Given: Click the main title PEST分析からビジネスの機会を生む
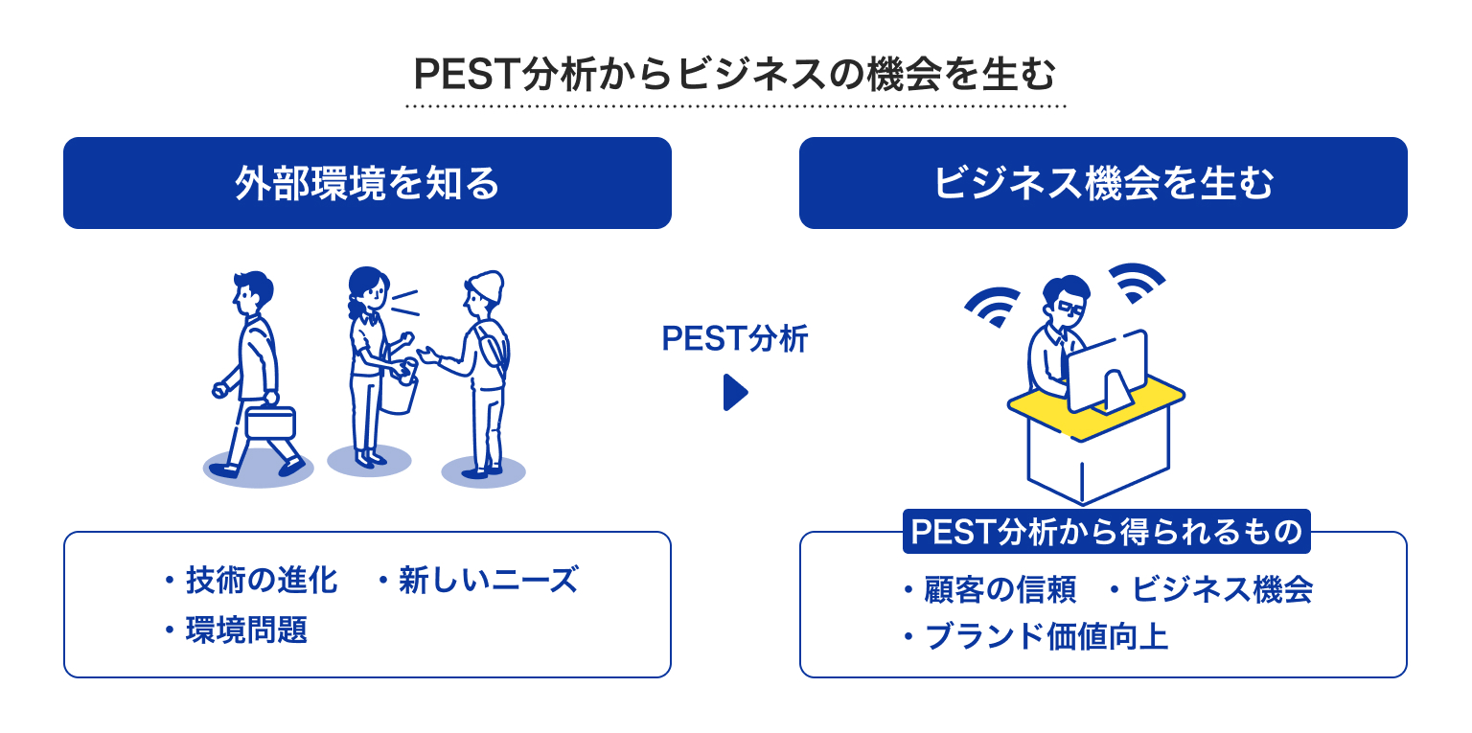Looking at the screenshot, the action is tap(734, 74).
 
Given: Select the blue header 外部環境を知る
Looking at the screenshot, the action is tap(367, 183).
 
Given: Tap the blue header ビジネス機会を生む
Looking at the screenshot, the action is tap(1103, 183).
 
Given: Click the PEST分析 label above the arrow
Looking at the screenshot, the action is tap(735, 339).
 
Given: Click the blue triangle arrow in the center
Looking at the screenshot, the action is tap(735, 393).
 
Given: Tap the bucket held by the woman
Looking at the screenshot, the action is tap(398, 391).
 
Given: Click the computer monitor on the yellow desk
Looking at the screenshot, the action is tap(1108, 371).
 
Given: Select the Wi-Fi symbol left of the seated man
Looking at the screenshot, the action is tap(992, 306).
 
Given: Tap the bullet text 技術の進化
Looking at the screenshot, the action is tap(262, 580).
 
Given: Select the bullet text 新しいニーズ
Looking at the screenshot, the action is tap(488, 580).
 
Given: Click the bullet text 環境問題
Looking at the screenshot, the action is tap(246, 630).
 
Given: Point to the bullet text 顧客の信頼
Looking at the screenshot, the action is tap(1000, 589).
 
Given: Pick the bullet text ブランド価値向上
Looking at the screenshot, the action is tap(1046, 636).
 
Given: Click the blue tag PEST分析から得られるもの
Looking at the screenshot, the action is tap(1107, 532).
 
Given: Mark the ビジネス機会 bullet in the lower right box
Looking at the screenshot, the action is tap(1222, 589).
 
